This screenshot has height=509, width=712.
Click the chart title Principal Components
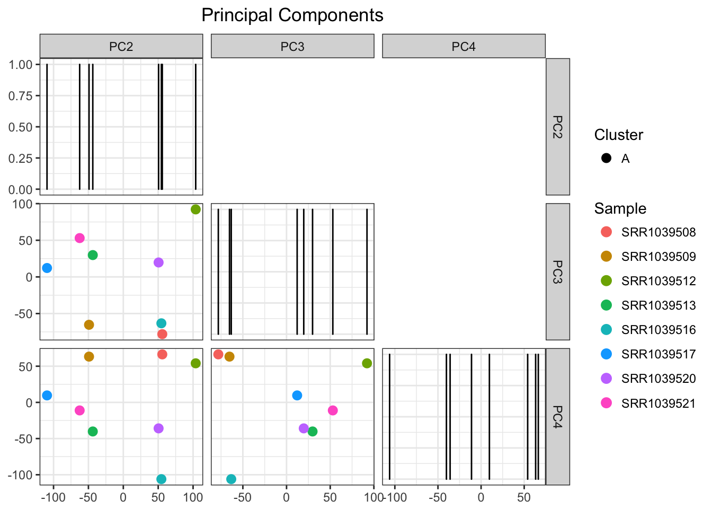(x=292, y=15)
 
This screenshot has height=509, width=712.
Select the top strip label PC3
(x=292, y=47)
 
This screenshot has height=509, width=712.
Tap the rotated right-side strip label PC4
(x=557, y=416)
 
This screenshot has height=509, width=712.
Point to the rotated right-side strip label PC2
(x=557, y=127)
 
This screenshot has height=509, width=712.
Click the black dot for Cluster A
(x=607, y=159)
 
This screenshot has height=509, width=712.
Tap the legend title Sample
(x=620, y=208)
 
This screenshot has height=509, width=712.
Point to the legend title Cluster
(x=618, y=135)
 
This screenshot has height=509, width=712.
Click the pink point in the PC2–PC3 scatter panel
(x=79, y=238)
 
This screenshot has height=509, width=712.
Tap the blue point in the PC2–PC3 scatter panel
(x=47, y=268)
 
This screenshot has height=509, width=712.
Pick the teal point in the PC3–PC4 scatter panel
(x=231, y=479)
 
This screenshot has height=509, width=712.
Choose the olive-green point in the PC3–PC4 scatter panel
(x=367, y=363)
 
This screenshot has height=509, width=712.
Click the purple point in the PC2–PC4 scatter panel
(x=158, y=428)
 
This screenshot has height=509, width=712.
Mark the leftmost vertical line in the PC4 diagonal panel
(x=389, y=416)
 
